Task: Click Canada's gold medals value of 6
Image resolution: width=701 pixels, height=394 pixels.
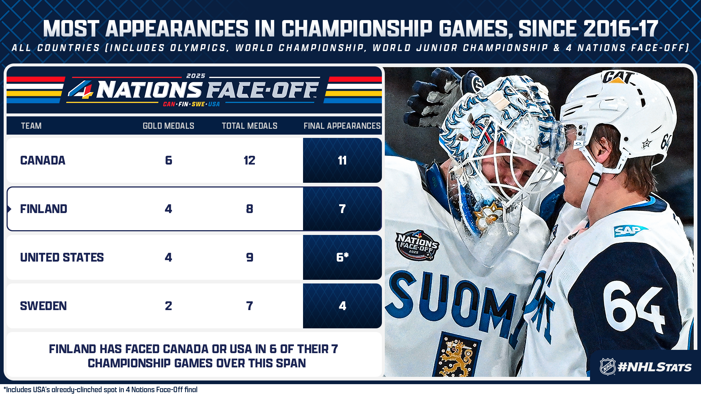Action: [x=168, y=161]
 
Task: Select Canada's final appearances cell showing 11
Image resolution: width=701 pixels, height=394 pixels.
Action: [x=342, y=161]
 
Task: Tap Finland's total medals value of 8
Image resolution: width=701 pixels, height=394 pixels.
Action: [x=250, y=209]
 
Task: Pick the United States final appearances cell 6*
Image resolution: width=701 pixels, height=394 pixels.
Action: [x=342, y=258]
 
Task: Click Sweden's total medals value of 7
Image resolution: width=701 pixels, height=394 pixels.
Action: [x=250, y=306]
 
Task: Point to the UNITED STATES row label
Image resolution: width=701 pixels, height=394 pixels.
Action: [x=62, y=258]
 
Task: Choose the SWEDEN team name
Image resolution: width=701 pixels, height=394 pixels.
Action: [x=43, y=306]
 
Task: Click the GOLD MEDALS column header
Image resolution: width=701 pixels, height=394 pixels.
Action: [x=168, y=126]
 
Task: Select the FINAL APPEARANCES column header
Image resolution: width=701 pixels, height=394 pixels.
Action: [x=342, y=126]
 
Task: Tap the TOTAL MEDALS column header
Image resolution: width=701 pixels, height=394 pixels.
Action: [x=250, y=126]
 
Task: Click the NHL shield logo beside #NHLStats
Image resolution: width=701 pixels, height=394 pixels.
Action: [x=608, y=367]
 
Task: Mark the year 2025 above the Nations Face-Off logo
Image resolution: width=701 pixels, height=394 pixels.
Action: [x=196, y=76]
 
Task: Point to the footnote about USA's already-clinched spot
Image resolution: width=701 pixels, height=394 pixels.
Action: [x=100, y=390]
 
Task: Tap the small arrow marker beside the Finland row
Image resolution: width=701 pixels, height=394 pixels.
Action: [x=9, y=209]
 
